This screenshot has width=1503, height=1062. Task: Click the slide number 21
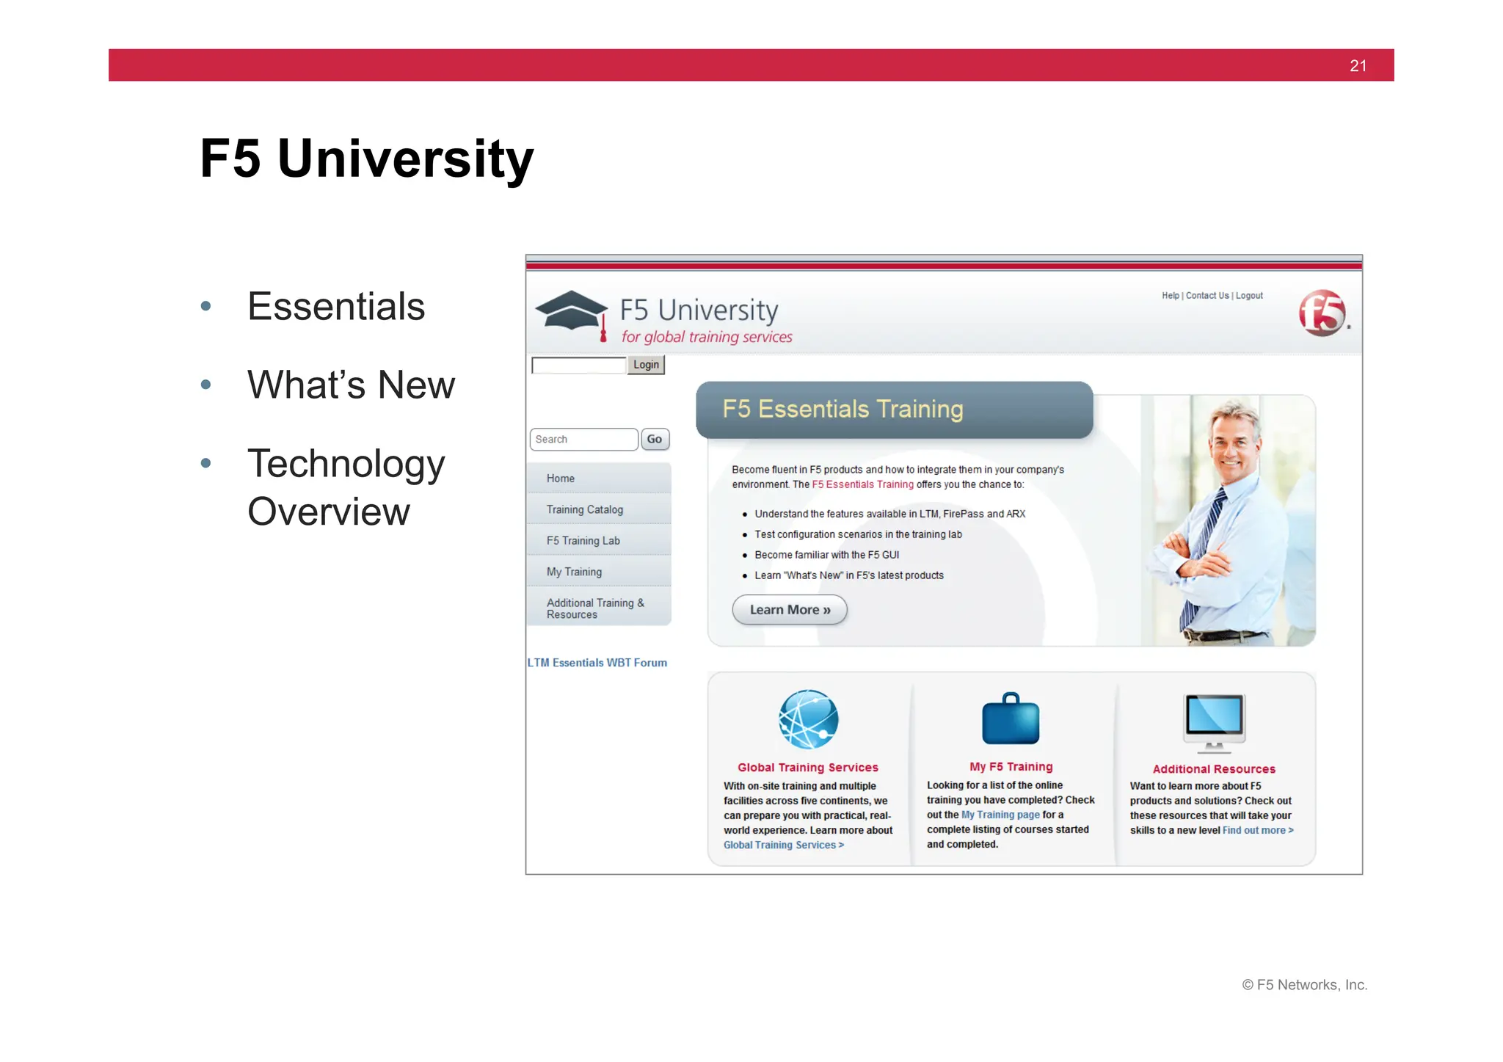(x=1358, y=66)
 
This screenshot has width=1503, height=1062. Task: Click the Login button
(x=646, y=365)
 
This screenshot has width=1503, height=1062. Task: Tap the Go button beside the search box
(x=655, y=439)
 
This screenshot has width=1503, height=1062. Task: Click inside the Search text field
(x=583, y=439)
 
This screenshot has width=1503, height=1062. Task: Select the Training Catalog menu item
(x=585, y=509)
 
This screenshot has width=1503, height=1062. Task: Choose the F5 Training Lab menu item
(x=583, y=541)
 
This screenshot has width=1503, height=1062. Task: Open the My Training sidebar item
(x=574, y=572)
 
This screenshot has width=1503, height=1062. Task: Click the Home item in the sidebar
(x=561, y=479)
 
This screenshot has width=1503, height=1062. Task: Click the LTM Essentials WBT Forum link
(x=597, y=663)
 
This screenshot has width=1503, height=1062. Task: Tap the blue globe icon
(x=808, y=719)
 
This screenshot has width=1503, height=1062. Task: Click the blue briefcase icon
(x=1011, y=719)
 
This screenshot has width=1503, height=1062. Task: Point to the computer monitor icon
(x=1214, y=721)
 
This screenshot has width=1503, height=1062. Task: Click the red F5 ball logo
(x=1322, y=313)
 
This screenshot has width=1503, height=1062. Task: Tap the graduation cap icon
(x=572, y=312)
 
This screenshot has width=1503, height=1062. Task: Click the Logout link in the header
(x=1249, y=296)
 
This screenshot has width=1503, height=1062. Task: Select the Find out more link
(x=1257, y=830)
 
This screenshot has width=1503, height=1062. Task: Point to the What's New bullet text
(x=351, y=385)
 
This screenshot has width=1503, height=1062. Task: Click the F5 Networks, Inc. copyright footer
(x=1304, y=985)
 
